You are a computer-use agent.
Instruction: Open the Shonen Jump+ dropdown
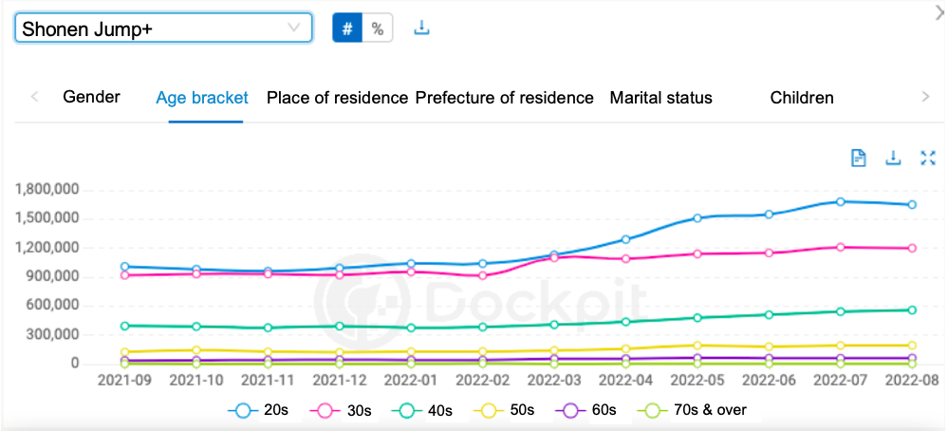tap(163, 28)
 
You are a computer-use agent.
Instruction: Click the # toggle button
tap(346, 28)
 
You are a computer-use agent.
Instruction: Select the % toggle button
tap(378, 28)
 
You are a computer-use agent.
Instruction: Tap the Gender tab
tap(91, 98)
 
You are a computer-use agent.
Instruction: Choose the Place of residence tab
tap(337, 98)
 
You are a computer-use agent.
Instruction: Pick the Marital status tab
tap(660, 98)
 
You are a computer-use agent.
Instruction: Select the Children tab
tap(802, 98)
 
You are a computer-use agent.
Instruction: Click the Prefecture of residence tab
tap(505, 98)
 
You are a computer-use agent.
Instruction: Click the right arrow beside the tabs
tap(926, 97)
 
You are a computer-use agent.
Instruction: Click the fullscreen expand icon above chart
tap(928, 159)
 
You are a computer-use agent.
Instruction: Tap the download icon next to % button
tap(422, 28)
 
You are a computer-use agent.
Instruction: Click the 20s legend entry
tap(260, 410)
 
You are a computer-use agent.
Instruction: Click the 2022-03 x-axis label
tap(554, 379)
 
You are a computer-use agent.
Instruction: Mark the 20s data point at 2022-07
tap(840, 201)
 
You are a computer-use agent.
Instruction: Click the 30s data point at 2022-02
tap(483, 275)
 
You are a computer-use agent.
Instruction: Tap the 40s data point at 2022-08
tap(912, 309)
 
